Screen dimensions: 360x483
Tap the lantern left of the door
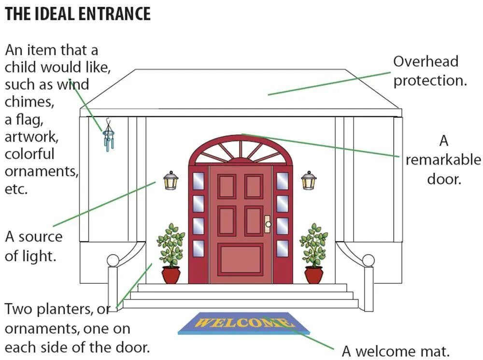pos(170,181)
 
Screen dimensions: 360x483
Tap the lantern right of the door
pos(309,181)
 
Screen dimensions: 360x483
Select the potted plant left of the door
pos(171,254)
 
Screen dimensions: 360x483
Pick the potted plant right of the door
pos(313,254)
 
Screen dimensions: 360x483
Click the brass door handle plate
pos(267,224)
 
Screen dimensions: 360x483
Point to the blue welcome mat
pos(244,323)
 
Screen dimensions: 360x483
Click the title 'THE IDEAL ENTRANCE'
pos(78,14)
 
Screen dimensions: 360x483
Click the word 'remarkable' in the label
pos(443,160)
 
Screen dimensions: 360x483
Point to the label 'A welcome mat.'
pos(396,351)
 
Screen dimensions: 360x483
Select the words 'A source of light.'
pos(34,246)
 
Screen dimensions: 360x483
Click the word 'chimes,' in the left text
pos(29,102)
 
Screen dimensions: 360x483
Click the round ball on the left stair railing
pos(113,260)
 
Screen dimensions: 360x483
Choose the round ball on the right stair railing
pos(368,260)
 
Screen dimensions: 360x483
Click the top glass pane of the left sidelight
pos(198,181)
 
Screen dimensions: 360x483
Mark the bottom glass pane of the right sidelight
pos(283,248)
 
